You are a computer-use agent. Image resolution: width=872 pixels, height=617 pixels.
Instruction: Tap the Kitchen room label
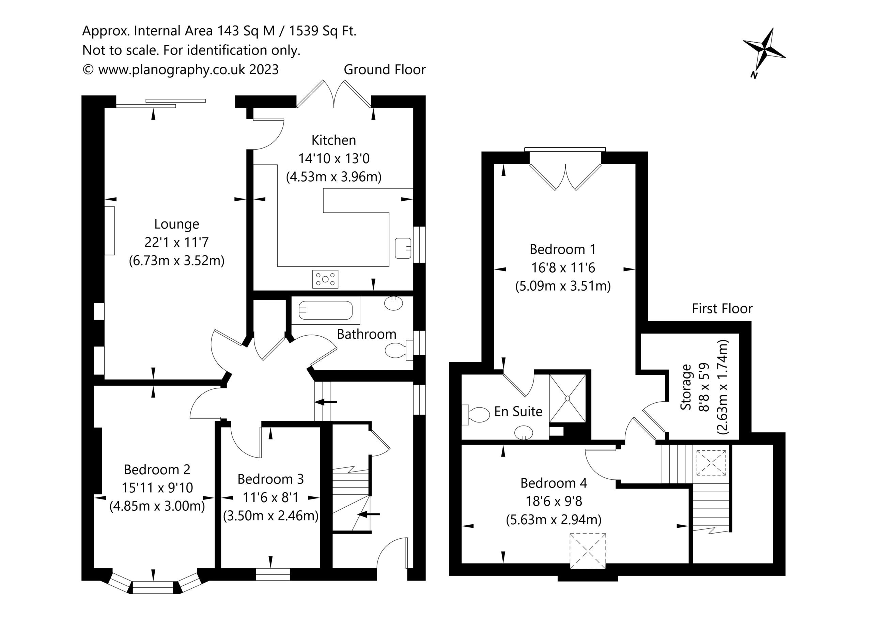[333, 140]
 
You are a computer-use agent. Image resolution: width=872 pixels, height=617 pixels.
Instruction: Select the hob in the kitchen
[325, 279]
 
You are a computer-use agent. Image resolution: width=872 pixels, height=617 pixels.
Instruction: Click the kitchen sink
[403, 248]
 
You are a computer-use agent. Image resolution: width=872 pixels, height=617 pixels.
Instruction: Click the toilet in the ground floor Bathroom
[399, 350]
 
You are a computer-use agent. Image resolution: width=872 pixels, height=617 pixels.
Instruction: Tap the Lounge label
[176, 224]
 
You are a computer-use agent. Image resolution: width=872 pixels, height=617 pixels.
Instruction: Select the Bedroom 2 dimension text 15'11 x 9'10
[157, 488]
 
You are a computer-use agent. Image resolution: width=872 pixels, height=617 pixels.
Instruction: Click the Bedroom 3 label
[270, 479]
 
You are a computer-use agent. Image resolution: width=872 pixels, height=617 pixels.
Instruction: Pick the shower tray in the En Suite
[568, 398]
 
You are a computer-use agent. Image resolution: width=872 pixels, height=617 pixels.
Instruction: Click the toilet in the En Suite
[476, 415]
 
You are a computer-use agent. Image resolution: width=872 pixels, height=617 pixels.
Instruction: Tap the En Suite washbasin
[524, 432]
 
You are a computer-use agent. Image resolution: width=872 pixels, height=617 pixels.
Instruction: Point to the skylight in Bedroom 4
[588, 551]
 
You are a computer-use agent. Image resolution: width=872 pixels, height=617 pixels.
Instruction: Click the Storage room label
[686, 387]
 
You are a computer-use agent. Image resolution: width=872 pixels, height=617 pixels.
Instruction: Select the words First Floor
[722, 309]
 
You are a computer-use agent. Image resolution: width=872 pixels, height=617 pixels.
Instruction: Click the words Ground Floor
[384, 70]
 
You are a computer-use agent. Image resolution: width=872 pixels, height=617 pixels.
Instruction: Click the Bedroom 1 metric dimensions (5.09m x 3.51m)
[563, 286]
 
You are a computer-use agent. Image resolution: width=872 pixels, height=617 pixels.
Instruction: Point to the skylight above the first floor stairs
[711, 463]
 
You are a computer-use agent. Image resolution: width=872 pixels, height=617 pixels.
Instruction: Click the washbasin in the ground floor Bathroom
[393, 303]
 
